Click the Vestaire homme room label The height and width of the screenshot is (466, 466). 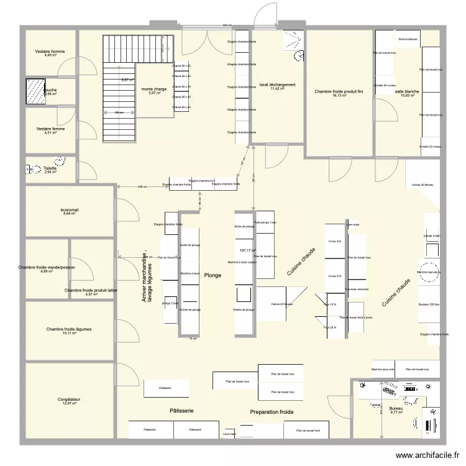pyautogui.click(x=50, y=52)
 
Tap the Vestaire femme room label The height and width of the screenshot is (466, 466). pyautogui.click(x=50, y=129)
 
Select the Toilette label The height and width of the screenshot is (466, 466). pyautogui.click(x=50, y=168)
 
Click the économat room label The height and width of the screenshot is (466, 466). pyautogui.click(x=70, y=210)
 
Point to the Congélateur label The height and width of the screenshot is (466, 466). pyautogui.click(x=70, y=400)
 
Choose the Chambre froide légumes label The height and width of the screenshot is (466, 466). pyautogui.click(x=70, y=329)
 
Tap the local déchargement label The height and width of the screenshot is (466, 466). pyautogui.click(x=277, y=85)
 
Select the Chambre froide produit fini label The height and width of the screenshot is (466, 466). pyautogui.click(x=339, y=91)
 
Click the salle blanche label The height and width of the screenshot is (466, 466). pyautogui.click(x=407, y=92)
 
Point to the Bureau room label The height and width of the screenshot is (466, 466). pyautogui.click(x=396, y=408)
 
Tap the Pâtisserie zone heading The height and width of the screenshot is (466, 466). pyautogui.click(x=181, y=411)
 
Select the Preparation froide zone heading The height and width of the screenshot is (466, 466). pyautogui.click(x=272, y=412)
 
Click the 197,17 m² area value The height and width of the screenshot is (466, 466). pyautogui.click(x=247, y=250)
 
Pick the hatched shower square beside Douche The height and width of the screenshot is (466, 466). pyautogui.click(x=35, y=91)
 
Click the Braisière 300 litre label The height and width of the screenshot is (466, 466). pyautogui.click(x=429, y=305)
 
